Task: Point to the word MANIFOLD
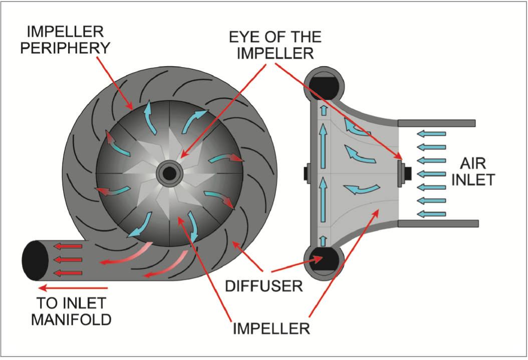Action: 71,319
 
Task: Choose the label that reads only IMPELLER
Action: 271,329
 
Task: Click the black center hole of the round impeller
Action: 170,173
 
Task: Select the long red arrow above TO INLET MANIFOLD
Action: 73,288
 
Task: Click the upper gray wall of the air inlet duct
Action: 436,123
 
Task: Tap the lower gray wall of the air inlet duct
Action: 436,224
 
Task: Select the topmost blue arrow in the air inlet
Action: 431,134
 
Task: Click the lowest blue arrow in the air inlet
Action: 431,214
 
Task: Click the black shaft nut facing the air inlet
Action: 403,173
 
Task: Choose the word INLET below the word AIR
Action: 473,179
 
